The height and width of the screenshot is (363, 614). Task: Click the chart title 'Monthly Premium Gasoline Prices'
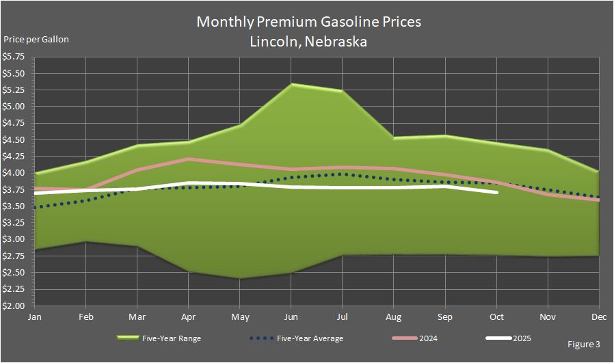tap(308, 21)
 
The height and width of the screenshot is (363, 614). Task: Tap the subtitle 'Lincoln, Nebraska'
tap(308, 41)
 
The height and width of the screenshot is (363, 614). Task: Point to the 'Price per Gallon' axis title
tap(37, 39)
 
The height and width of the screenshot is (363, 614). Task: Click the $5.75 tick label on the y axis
tap(14, 57)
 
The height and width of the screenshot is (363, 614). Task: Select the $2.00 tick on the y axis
tap(14, 306)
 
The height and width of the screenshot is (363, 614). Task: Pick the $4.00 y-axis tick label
tap(14, 173)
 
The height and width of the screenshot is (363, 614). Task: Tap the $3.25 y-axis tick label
tap(14, 223)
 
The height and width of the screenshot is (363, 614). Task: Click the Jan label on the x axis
tap(34, 317)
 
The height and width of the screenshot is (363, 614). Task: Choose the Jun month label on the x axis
tap(291, 317)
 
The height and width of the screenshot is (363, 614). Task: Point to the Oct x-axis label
tap(496, 317)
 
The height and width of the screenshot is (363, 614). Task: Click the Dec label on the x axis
tap(599, 317)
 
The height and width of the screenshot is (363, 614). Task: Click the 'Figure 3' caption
tap(583, 343)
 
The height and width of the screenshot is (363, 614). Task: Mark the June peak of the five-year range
tap(291, 84)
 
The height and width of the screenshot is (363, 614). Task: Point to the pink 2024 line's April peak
tap(189, 159)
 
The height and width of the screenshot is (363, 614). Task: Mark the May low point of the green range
tap(240, 278)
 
